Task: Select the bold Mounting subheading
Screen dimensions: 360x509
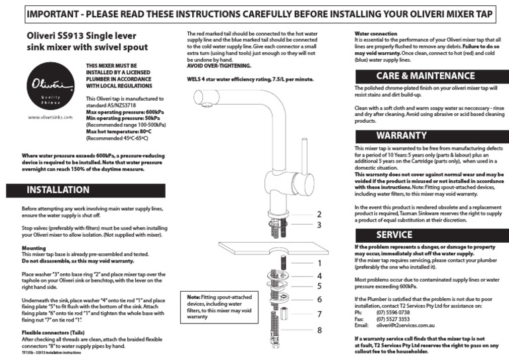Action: (x=34, y=249)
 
